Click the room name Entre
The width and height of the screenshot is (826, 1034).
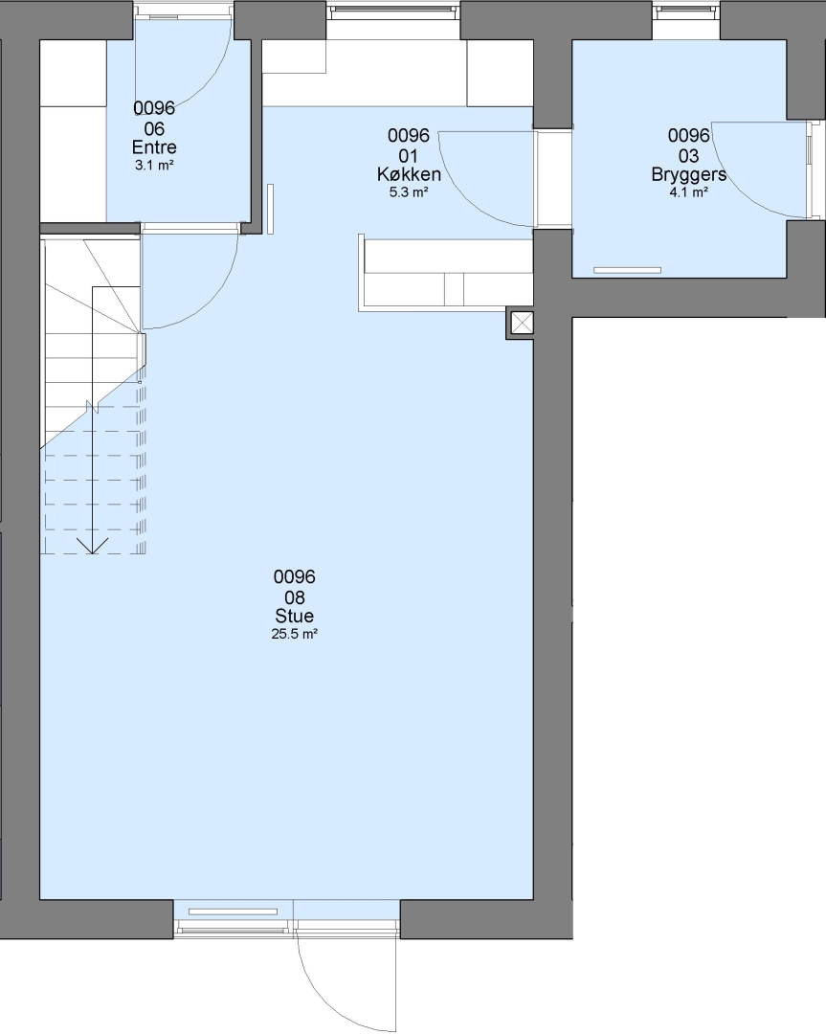(154, 147)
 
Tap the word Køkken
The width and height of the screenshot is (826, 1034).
(409, 174)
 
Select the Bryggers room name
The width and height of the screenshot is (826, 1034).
(689, 174)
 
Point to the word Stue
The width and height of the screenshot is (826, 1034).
(295, 616)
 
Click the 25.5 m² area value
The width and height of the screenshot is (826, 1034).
(295, 635)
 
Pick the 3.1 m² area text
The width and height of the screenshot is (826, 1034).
(154, 166)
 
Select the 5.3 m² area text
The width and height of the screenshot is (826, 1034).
(409, 192)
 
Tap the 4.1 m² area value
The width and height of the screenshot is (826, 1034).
(689, 192)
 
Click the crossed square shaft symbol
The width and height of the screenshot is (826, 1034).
(521, 324)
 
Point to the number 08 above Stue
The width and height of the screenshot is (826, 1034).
(295, 597)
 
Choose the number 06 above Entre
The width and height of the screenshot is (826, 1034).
(154, 128)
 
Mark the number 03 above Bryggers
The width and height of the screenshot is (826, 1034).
(689, 156)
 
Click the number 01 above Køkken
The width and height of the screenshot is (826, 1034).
(409, 156)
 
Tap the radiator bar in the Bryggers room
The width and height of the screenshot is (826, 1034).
(628, 270)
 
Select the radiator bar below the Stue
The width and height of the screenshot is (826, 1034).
(234, 912)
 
